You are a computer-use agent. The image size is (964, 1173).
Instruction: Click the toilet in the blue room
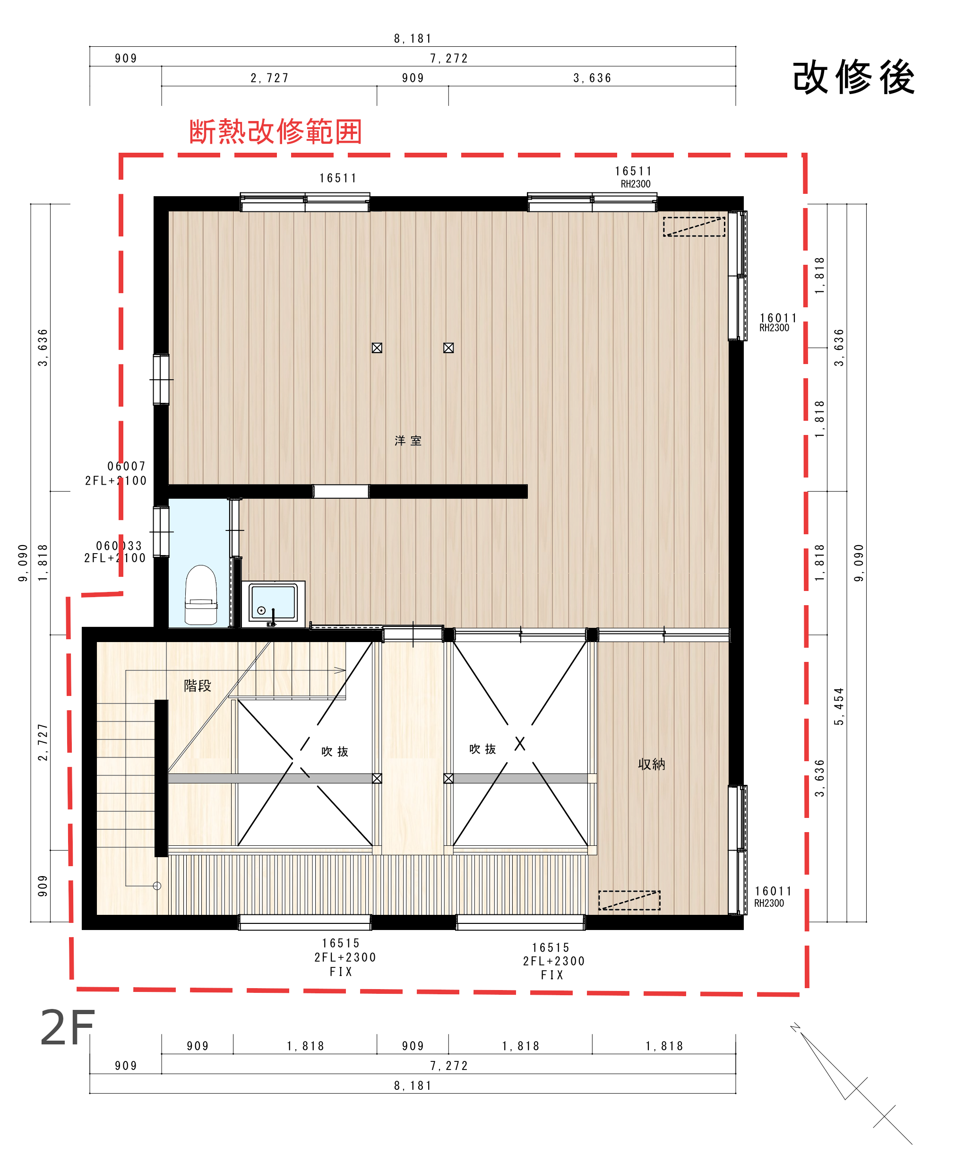pos(200,595)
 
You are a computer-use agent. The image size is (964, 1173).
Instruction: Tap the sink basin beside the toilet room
pos(273,603)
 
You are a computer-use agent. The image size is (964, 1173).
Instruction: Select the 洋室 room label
pos(408,441)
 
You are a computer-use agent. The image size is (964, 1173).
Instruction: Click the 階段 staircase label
pos(198,686)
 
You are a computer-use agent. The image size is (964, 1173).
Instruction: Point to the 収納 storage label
pos(651,764)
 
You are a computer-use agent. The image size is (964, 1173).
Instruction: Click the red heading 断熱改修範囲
pos(275,132)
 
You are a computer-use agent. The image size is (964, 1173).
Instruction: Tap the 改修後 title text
pos(853,77)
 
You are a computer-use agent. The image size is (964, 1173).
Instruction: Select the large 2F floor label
pos(67,1028)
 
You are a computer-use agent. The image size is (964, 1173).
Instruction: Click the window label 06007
pos(127,466)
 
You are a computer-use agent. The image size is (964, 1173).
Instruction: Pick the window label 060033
pos(119,546)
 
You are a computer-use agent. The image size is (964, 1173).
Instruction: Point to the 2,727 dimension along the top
pos(269,78)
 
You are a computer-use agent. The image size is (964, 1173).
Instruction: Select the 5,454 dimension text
pos(838,706)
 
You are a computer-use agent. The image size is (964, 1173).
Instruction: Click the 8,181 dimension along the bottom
pos(413,1085)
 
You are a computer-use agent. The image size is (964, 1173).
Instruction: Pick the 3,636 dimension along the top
pos(592,78)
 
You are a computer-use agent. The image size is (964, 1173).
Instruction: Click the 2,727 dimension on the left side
pos(43,742)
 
